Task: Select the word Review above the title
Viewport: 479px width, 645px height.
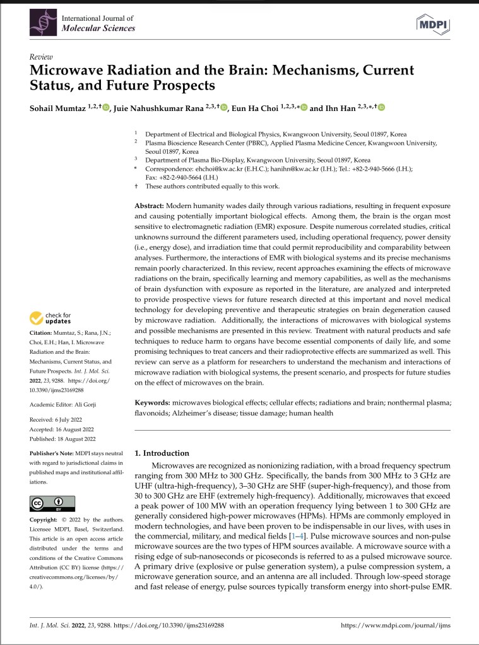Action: [x=41, y=55]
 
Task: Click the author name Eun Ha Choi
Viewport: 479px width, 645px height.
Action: [x=252, y=107]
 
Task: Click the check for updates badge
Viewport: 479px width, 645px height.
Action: [x=51, y=318]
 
